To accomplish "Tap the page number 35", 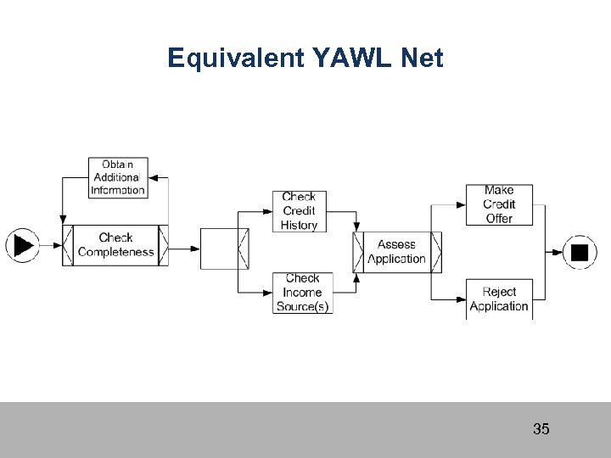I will [x=541, y=429].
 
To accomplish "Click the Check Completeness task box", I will [x=115, y=245].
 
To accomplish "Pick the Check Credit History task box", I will [x=299, y=210].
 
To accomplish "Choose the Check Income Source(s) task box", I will [x=302, y=293].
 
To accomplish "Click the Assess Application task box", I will [x=396, y=252].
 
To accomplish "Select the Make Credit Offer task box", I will [x=499, y=205].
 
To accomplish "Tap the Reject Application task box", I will [x=499, y=299].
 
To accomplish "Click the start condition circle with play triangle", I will [x=22, y=246].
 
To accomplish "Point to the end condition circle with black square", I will [x=580, y=252].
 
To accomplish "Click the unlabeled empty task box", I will [x=221, y=248].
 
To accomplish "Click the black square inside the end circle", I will [x=580, y=252].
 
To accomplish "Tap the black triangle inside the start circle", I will [x=23, y=246].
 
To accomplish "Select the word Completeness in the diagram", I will [x=115, y=252].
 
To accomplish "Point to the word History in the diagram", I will [x=299, y=225].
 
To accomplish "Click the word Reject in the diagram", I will [x=499, y=292].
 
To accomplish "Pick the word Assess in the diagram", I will [x=396, y=245].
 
